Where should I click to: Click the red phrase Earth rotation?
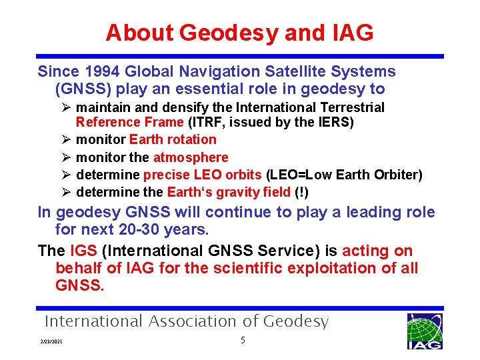173,139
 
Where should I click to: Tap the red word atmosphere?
191,157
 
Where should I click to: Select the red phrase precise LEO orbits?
203,175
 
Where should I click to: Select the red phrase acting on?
377,251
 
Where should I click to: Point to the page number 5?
243,341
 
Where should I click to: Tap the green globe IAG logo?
424,331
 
